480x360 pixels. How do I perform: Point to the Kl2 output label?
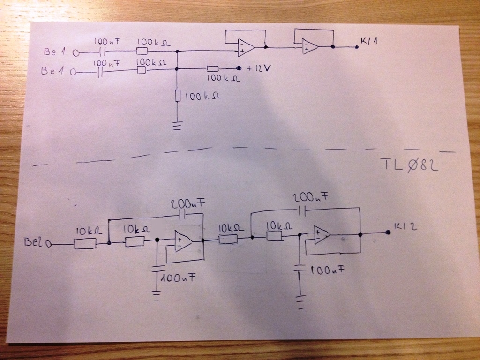[x=404, y=227]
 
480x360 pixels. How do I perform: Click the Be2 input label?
[x=37, y=242]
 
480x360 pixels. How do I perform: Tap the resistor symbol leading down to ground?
[x=177, y=96]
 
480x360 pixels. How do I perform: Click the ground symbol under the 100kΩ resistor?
[x=177, y=126]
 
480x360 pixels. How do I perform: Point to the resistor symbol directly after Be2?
[x=85, y=243]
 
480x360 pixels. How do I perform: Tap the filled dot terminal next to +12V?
[x=239, y=68]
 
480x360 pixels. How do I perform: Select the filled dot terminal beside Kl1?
[x=357, y=47]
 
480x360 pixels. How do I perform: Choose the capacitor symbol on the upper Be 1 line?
[x=104, y=52]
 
